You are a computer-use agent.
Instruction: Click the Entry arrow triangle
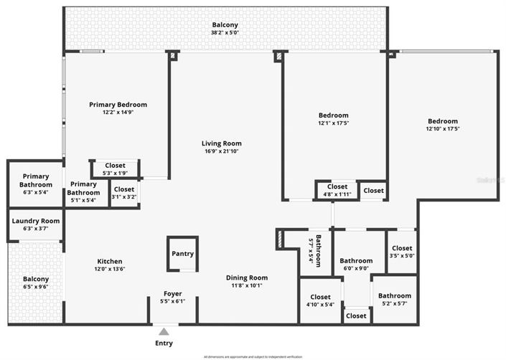click(x=164, y=331)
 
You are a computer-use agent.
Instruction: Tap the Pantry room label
click(x=182, y=254)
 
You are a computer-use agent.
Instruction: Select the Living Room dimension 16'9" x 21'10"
click(x=221, y=151)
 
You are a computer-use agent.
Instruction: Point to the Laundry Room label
click(x=35, y=221)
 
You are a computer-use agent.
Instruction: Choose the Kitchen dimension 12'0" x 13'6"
click(x=110, y=270)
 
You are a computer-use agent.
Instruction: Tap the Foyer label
click(x=172, y=294)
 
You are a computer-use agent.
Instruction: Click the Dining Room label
click(x=247, y=278)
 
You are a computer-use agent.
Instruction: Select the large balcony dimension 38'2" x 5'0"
click(x=225, y=33)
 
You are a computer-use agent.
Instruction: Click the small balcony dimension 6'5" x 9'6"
click(x=35, y=287)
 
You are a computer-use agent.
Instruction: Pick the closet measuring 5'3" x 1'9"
click(x=115, y=173)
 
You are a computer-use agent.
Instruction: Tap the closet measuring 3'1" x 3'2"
click(x=123, y=196)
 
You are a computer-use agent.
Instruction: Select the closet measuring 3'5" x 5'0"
click(x=402, y=256)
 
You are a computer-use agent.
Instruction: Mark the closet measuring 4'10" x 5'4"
click(x=320, y=305)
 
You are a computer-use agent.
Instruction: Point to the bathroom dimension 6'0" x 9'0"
click(x=356, y=269)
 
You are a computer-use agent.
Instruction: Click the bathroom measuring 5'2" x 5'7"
click(x=395, y=303)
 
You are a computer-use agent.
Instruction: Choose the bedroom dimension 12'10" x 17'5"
click(x=442, y=129)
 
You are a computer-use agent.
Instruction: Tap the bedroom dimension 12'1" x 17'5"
click(x=333, y=123)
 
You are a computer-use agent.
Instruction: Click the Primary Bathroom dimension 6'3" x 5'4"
click(x=35, y=192)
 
